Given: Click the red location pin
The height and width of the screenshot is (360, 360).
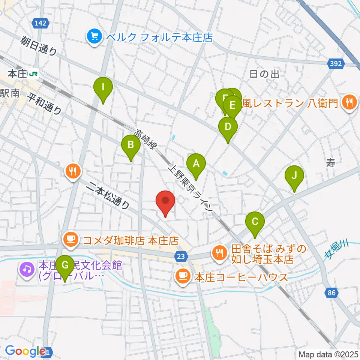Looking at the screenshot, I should pos(165,202).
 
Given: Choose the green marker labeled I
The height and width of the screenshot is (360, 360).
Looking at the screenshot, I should pos(103,89).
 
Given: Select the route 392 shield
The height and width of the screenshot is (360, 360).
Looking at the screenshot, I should pos(336,64).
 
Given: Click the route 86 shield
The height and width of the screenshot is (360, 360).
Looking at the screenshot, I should pos(331,293).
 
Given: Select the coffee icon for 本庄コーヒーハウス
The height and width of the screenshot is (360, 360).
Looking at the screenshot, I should pos(183,277).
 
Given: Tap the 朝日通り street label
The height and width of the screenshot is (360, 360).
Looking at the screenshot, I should pos(39,46).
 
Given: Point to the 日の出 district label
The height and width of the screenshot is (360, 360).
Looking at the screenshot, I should pos(264,74).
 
